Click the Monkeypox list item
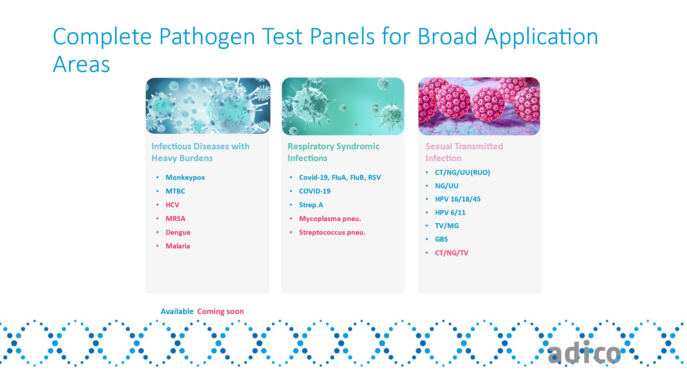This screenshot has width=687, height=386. (185, 178)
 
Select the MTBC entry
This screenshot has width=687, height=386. (175, 191)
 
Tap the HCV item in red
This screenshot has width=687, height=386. (172, 205)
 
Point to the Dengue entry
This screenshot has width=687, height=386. (178, 232)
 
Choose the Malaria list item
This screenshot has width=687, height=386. (178, 246)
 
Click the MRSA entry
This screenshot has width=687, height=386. (175, 218)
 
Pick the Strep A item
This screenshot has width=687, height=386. (311, 205)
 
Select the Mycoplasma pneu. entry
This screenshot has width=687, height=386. (330, 219)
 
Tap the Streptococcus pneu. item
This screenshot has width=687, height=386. (332, 232)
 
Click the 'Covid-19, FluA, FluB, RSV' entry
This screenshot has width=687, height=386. (340, 178)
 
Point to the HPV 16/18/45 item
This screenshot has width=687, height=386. (458, 199)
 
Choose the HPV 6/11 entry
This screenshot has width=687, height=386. (450, 213)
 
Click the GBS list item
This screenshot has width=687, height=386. (441, 239)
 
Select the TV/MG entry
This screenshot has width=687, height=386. (447, 226)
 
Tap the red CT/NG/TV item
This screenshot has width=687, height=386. (452, 253)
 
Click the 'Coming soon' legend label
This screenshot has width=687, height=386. (220, 311)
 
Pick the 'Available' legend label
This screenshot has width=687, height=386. (177, 311)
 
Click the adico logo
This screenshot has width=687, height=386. (584, 353)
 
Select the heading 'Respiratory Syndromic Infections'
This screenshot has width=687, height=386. (333, 152)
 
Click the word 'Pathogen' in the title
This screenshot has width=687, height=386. (207, 37)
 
